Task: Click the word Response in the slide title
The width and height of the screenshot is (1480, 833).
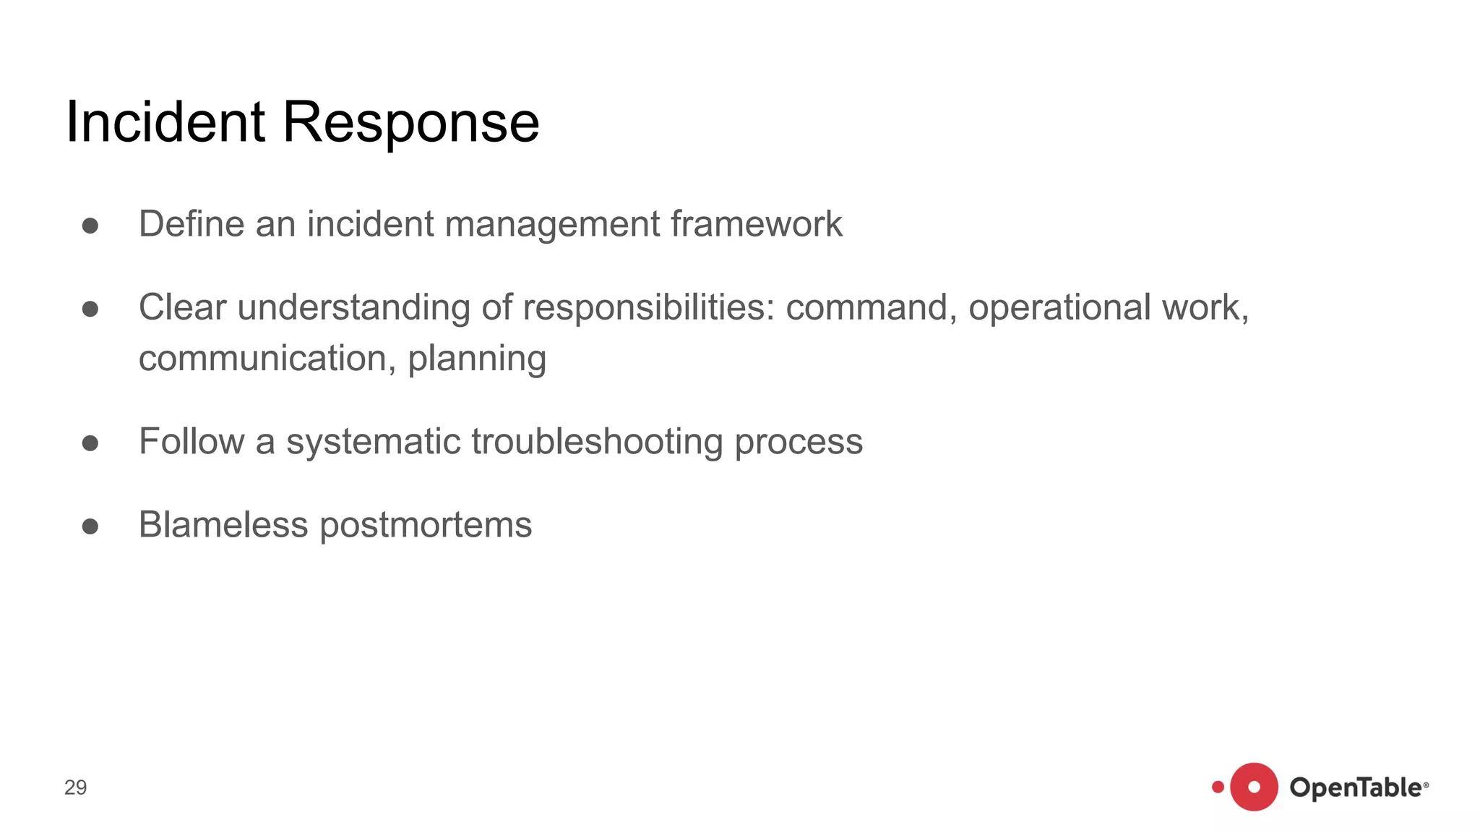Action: pos(410,123)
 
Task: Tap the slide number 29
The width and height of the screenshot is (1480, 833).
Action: pos(75,787)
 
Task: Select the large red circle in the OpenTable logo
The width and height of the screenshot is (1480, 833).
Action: pos(1254,787)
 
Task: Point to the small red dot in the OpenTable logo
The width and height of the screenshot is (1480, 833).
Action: pos(1218,787)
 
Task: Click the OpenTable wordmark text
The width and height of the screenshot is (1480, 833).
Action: pos(1356,787)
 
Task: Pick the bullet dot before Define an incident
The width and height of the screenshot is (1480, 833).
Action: pos(90,226)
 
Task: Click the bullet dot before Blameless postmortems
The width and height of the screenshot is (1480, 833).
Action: pos(90,526)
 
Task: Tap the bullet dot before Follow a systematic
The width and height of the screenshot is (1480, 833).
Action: pos(90,443)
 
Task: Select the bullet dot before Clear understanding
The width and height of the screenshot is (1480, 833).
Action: pos(90,309)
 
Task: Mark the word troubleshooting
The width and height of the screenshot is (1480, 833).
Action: pos(597,442)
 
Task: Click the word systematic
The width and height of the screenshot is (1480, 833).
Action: pos(373,442)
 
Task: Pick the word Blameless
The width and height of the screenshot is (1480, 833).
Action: pos(223,525)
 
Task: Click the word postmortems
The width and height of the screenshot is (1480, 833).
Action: pos(426,526)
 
